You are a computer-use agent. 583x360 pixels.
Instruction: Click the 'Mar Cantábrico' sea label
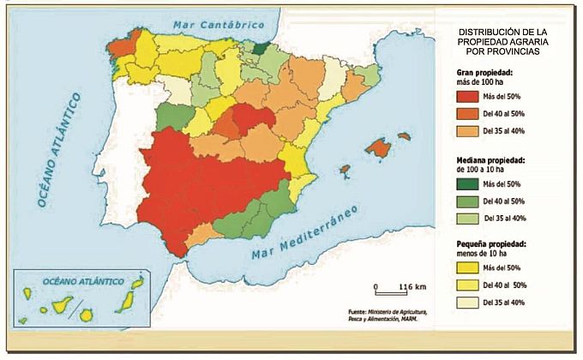pos(210,25)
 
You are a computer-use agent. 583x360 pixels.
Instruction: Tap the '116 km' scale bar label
pos(413,285)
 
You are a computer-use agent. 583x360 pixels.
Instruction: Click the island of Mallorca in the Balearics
pos(377,147)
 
